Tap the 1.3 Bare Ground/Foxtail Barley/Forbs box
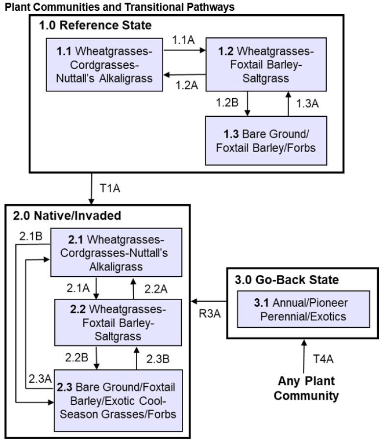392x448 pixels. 266,140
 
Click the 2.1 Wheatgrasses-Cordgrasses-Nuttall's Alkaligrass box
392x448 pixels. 116,253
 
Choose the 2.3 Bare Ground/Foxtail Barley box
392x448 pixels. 116,400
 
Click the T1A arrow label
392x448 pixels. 110,187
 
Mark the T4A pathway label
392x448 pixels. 323,359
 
